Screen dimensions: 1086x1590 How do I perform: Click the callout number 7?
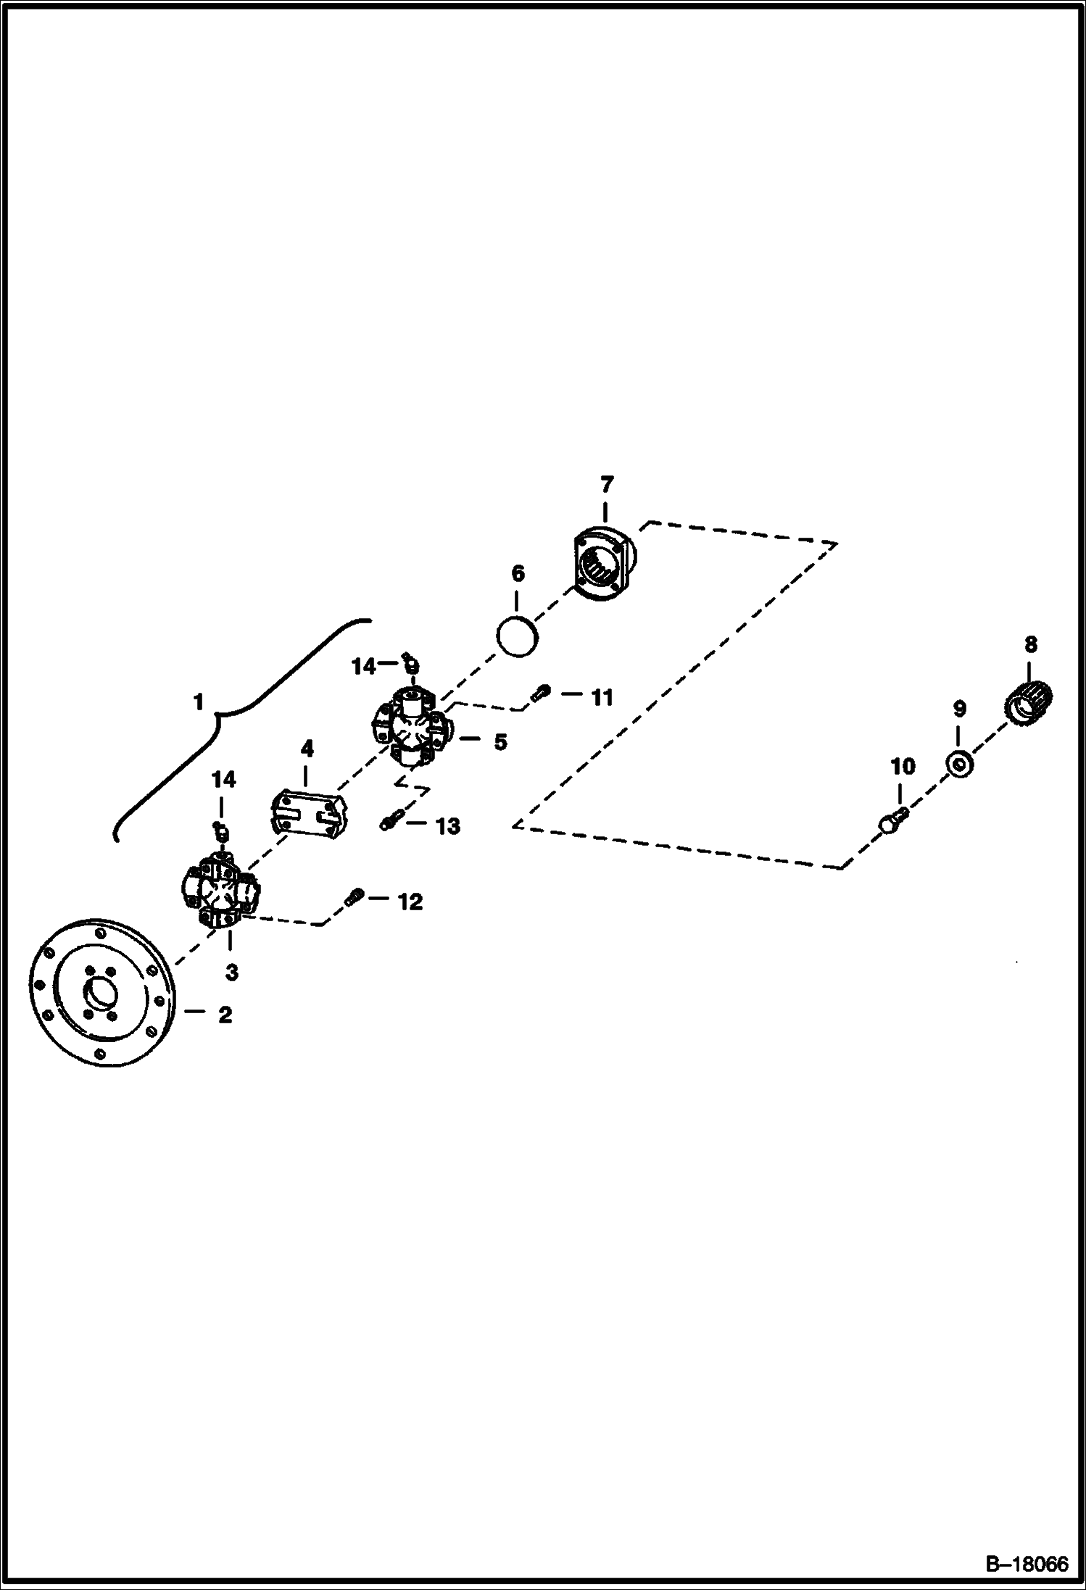pos(607,484)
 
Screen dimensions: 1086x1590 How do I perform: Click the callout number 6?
pos(517,574)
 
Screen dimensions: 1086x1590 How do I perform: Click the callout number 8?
pos(1030,644)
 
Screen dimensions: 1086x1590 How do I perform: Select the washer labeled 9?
pos(958,764)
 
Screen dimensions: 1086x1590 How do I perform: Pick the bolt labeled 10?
pos(892,822)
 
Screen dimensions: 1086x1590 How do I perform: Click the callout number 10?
pos(903,766)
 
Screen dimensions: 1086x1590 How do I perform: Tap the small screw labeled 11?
pos(539,694)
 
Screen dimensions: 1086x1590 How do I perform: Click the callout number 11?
pos(602,698)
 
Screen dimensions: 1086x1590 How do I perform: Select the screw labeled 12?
pos(355,896)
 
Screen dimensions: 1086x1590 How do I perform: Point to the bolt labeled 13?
pos(389,822)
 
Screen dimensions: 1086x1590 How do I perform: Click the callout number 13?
pos(448,826)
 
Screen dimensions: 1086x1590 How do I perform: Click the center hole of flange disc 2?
pos(99,991)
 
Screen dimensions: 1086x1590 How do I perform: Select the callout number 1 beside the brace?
pos(198,702)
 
